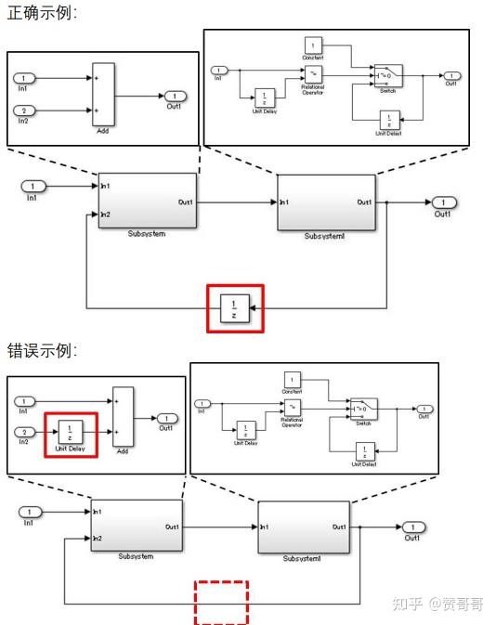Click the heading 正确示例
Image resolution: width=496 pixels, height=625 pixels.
[42, 13]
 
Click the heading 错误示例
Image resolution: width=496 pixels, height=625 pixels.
[42, 351]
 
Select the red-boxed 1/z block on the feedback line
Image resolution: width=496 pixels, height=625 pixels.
[235, 307]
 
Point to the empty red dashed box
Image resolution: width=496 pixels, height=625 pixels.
[221, 603]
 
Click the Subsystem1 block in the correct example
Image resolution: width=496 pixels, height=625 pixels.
[326, 202]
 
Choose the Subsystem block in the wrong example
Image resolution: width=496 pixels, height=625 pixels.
[136, 526]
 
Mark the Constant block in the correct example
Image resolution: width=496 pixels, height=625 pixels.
[313, 44]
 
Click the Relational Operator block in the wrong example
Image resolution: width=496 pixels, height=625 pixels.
[293, 409]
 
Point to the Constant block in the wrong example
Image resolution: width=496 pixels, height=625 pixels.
[293, 380]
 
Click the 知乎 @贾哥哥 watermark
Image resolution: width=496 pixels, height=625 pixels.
[439, 604]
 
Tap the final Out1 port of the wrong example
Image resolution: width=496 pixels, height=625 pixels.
[413, 527]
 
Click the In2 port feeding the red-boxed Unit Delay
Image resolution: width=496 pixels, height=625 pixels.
[26, 432]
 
